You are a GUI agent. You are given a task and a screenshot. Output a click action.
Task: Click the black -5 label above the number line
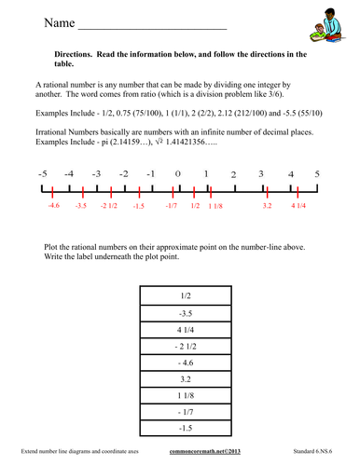[42, 174]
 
